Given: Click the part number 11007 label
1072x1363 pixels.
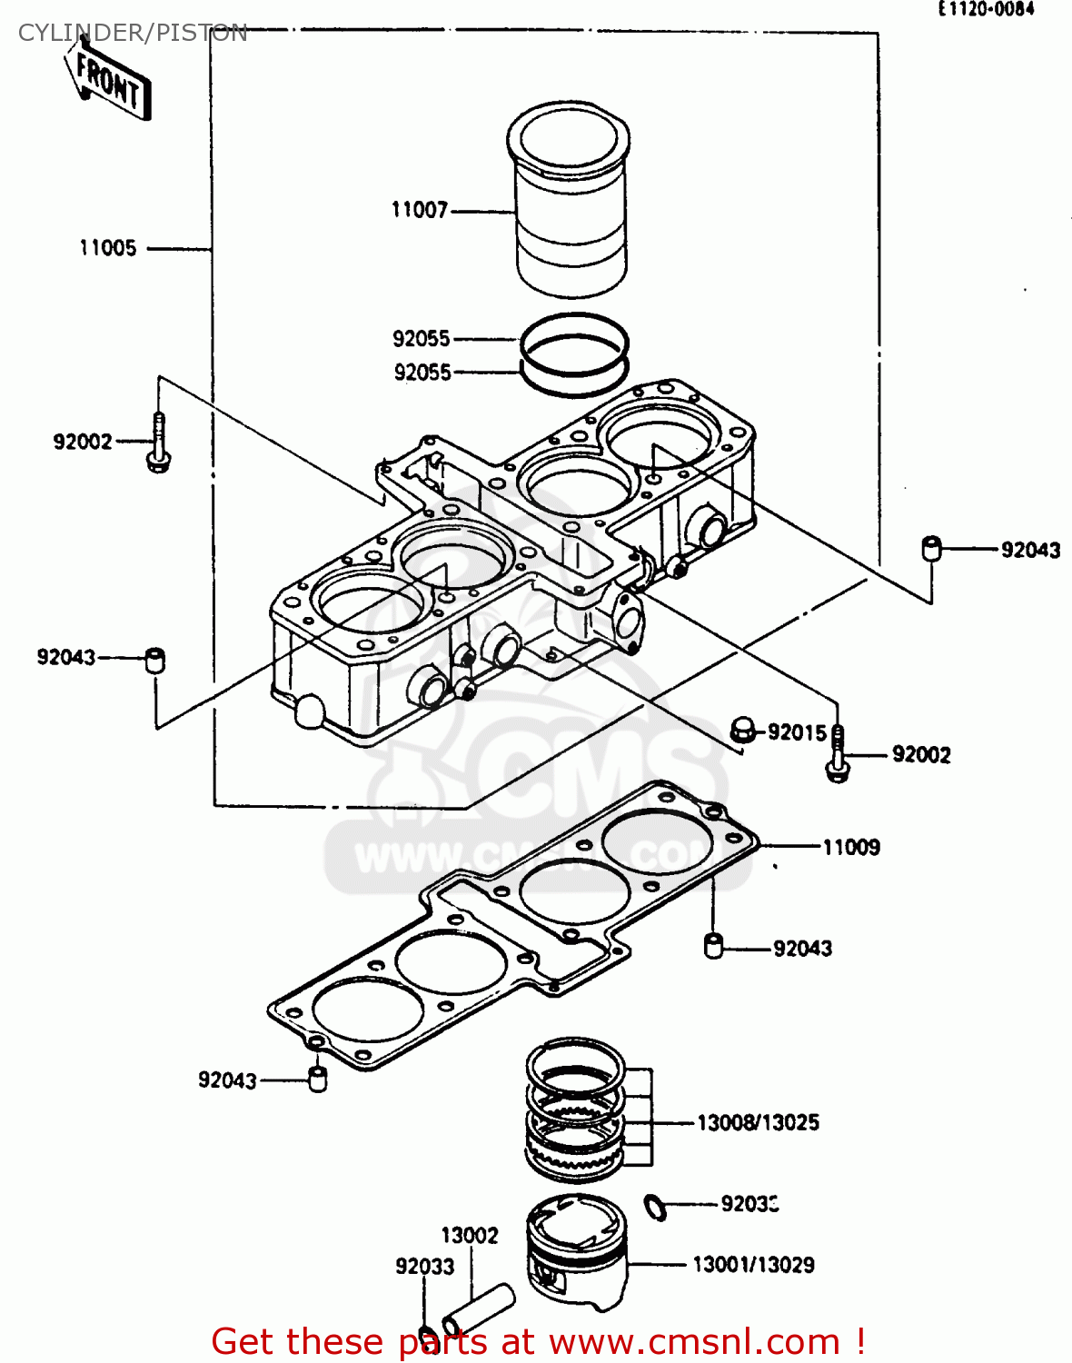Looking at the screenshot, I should pos(420,210).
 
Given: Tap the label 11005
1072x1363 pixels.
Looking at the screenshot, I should pos(107,248).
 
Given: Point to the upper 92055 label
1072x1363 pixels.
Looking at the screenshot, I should pos(422,339).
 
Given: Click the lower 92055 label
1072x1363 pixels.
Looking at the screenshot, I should pos(422,373).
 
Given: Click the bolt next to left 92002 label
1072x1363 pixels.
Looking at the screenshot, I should pos(159,444).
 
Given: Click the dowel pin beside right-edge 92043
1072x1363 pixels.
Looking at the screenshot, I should pos(932,548).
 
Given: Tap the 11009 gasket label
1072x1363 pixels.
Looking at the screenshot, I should pos(851,847).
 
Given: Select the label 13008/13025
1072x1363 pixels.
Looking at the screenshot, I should pos(758,1122).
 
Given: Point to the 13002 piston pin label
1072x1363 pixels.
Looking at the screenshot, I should pos(470,1235).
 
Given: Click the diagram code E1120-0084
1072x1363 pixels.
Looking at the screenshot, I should pos(986,9).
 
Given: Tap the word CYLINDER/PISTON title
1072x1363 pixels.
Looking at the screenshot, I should pos(133,34).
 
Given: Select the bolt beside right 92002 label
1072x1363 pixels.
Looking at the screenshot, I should pos(838,754).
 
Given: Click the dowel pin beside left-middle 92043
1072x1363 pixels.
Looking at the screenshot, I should pos(155,659).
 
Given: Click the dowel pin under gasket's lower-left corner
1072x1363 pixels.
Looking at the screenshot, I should pos(317,1079).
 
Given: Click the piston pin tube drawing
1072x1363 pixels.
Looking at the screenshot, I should pos(479,1308).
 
